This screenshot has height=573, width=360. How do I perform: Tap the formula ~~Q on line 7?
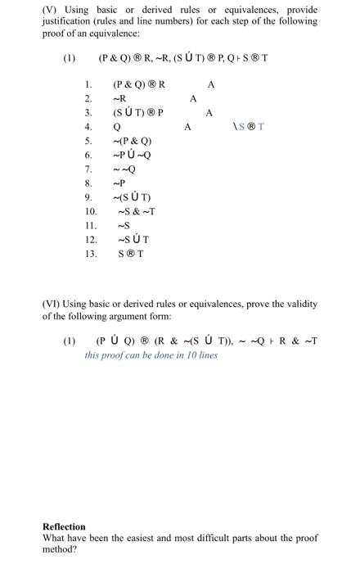point(124,169)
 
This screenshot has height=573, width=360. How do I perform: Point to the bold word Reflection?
point(64,526)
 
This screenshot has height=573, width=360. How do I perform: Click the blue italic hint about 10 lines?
point(151,356)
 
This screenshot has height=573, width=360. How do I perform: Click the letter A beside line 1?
point(211,84)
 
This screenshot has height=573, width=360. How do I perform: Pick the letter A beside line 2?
point(193,99)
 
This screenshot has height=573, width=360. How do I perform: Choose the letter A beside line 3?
point(209,113)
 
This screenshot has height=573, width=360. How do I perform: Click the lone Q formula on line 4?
point(117,128)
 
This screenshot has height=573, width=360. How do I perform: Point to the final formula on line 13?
point(130,254)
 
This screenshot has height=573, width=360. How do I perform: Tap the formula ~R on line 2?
point(119,99)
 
